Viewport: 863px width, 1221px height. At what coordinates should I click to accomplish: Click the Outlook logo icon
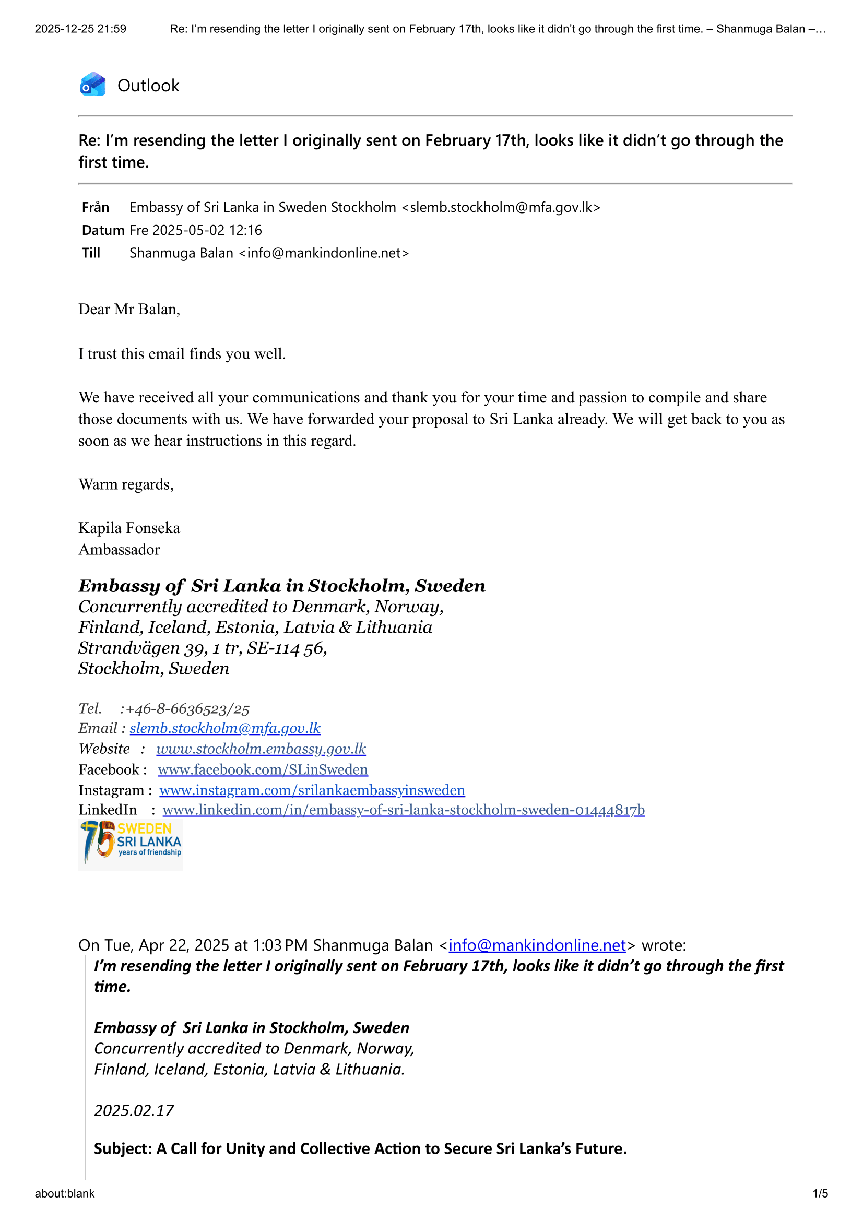tap(93, 85)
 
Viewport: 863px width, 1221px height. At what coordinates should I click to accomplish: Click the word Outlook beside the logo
tap(148, 86)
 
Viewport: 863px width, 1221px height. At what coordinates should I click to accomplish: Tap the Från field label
tap(96, 207)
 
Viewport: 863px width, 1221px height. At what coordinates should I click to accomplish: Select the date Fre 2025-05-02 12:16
tap(196, 230)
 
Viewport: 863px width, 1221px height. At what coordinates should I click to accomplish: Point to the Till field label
tap(91, 253)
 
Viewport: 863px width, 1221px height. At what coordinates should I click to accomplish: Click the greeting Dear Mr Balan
tap(129, 310)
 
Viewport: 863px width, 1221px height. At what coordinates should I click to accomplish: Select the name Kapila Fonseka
tap(129, 528)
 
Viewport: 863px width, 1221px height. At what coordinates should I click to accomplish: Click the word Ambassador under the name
tap(119, 550)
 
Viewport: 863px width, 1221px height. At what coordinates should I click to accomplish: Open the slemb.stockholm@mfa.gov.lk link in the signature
tap(225, 729)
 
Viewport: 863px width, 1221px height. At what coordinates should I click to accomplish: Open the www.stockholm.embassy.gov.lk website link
tap(261, 749)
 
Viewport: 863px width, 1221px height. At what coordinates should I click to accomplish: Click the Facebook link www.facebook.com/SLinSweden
tap(263, 770)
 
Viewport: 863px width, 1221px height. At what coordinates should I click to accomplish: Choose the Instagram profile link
tap(312, 791)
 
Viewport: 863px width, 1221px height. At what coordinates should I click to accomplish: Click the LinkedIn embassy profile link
tap(404, 811)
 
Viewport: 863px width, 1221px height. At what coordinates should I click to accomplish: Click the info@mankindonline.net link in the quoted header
tap(537, 945)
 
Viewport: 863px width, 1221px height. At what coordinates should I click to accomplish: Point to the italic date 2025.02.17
tap(134, 1111)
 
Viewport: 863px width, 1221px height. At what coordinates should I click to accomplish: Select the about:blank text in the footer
tap(65, 1194)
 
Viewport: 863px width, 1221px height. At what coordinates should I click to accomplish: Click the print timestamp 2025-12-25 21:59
tap(81, 29)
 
